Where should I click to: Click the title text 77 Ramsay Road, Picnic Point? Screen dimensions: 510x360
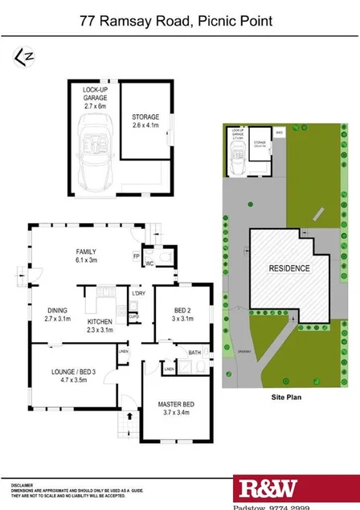pyautogui.click(x=180, y=23)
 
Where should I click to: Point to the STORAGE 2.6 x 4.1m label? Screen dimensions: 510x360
pyautogui.click(x=145, y=121)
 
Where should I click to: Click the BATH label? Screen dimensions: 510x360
pyautogui.click(x=194, y=352)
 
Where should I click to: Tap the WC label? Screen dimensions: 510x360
pyautogui.click(x=149, y=263)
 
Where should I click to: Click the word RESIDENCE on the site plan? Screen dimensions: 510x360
pyautogui.click(x=288, y=269)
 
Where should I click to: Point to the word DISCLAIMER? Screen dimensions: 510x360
pyautogui.click(x=22, y=486)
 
